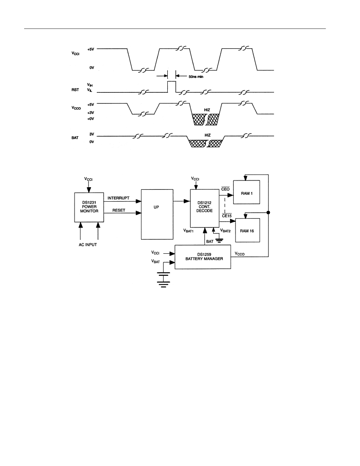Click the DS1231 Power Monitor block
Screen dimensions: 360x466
tap(89, 207)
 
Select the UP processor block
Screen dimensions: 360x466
tap(157, 214)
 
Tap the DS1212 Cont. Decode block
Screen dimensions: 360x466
tap(205, 208)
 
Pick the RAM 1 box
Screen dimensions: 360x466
tap(246, 192)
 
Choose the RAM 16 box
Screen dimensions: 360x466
tap(248, 230)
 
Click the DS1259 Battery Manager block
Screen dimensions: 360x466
tap(202, 257)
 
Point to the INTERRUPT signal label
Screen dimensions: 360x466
tap(119, 198)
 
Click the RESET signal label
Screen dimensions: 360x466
tap(119, 210)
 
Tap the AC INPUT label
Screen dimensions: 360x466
tap(88, 244)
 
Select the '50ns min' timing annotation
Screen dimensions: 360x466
tap(196, 77)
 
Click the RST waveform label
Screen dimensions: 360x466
tap(75, 89)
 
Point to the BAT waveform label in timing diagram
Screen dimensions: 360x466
tap(75, 138)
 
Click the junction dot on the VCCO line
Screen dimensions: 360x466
tap(268, 213)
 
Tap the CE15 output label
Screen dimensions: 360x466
tap(227, 216)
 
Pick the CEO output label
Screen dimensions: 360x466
tap(225, 189)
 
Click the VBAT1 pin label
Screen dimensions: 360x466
tap(188, 230)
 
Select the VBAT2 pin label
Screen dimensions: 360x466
tap(225, 230)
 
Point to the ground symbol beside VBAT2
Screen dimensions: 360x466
tap(219, 240)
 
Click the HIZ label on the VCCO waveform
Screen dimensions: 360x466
tap(207, 110)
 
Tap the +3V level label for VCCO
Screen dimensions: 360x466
tap(91, 113)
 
